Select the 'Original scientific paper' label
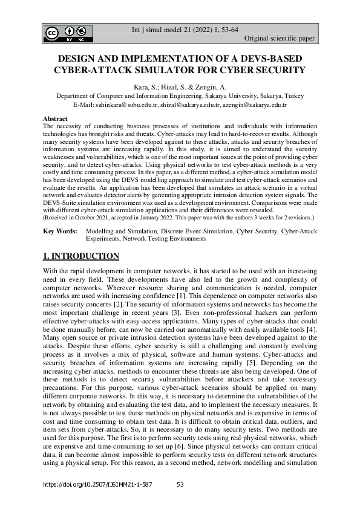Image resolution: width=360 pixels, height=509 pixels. click(280, 39)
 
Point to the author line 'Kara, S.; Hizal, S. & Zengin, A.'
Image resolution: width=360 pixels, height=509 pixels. click(180, 87)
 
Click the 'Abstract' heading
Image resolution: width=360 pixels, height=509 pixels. click(55, 118)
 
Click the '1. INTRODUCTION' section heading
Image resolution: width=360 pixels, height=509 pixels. click(80, 256)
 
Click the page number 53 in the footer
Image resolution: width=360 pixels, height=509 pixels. click(180, 484)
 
